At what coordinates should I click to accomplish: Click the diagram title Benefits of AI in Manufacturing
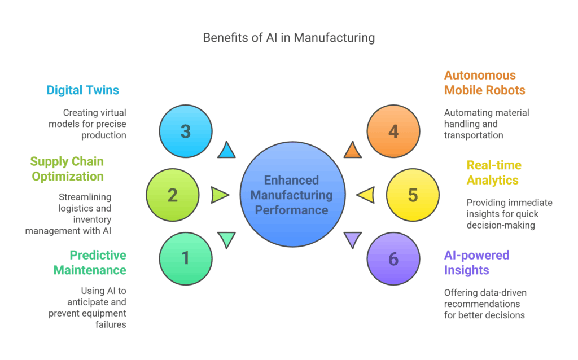(288, 38)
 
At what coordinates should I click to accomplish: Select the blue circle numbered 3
(186, 131)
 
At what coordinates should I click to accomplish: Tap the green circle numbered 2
(173, 195)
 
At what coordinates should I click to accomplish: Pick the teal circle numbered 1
(186, 258)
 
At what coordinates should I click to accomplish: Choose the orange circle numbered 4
(393, 131)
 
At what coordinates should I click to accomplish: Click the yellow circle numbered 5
(413, 195)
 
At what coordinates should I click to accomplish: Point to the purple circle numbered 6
(393, 258)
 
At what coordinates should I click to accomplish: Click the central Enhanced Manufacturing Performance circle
(292, 195)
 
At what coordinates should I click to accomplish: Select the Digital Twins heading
(82, 90)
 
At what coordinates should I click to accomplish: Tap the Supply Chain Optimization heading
(67, 169)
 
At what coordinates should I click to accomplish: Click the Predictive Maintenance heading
(90, 262)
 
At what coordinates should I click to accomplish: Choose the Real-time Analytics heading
(494, 173)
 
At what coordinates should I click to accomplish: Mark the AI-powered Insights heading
(476, 262)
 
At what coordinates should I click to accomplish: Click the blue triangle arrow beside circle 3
(226, 150)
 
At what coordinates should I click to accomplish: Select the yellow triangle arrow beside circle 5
(366, 195)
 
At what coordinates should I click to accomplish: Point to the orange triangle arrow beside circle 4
(353, 150)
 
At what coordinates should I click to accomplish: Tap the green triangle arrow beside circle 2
(219, 195)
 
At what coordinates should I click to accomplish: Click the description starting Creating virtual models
(94, 124)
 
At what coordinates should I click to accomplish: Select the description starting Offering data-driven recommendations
(484, 304)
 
